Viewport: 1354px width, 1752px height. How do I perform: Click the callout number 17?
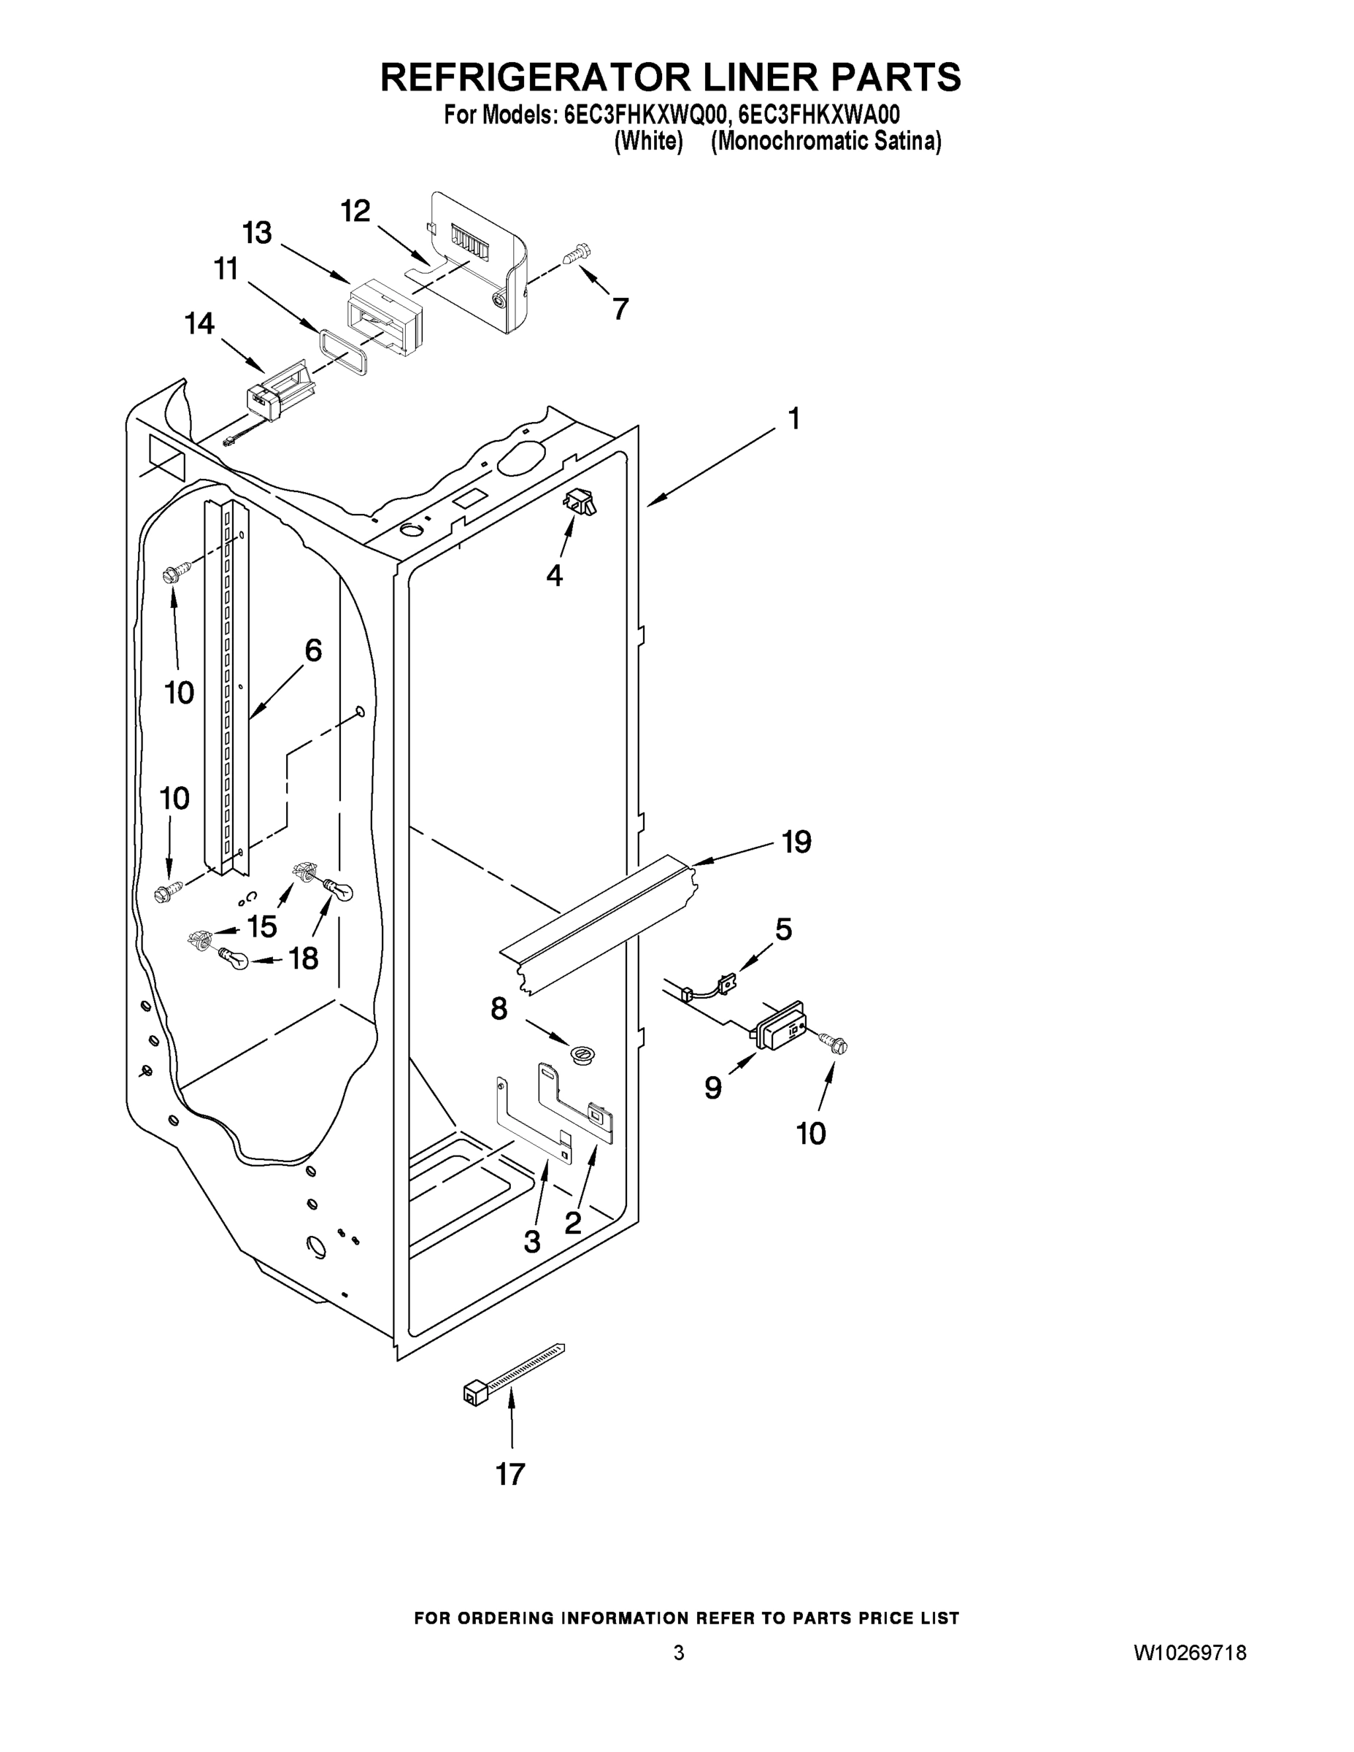510,1474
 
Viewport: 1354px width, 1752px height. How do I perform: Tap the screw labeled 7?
577,254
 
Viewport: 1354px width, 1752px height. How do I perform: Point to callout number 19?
796,842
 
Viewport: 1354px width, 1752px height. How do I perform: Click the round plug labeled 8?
582,1053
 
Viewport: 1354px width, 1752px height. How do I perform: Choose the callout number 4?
554,575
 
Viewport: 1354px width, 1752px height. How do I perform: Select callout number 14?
200,323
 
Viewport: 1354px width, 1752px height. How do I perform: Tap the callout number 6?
313,650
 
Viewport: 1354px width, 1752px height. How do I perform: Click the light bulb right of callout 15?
336,891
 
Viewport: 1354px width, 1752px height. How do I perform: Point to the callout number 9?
713,1088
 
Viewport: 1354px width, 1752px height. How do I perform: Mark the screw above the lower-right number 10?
834,1044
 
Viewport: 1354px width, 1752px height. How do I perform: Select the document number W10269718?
1190,1653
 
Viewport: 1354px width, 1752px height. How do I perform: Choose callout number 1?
794,419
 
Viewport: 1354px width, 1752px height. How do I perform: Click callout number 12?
355,211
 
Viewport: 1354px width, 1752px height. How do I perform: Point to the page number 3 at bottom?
679,1653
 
